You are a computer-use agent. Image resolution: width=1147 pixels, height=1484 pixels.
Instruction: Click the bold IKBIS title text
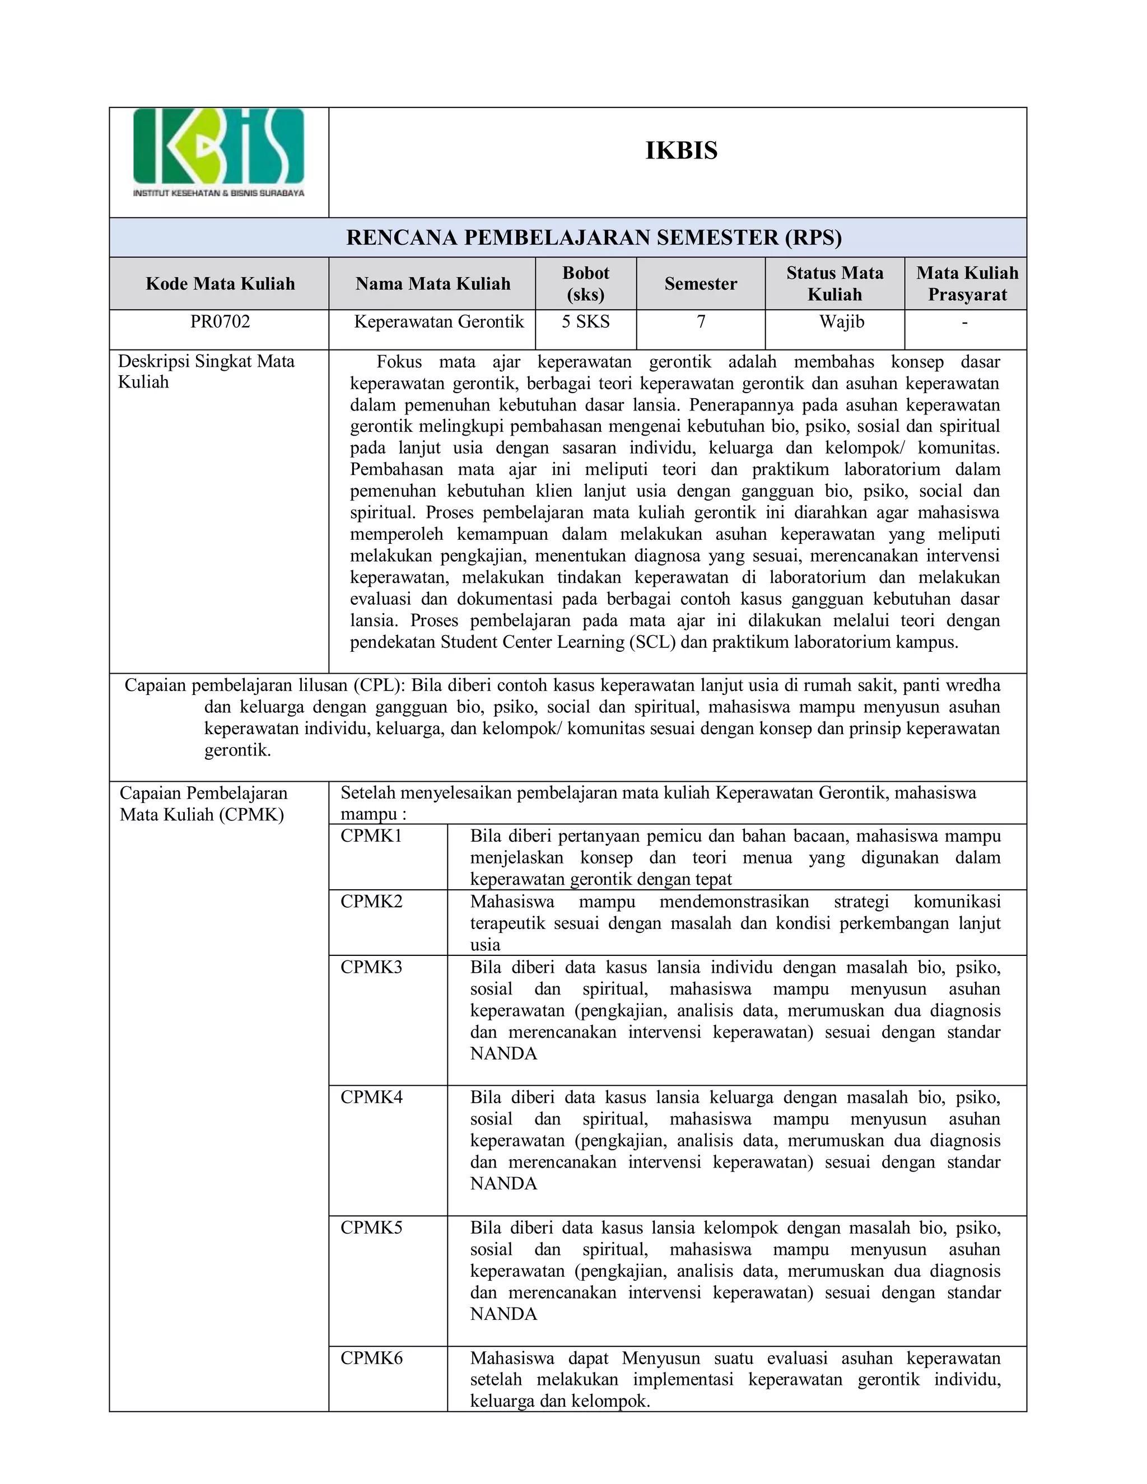(681, 151)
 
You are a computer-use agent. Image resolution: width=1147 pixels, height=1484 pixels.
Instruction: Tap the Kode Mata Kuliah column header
(220, 284)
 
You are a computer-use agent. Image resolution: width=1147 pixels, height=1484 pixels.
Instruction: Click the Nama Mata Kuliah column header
(433, 284)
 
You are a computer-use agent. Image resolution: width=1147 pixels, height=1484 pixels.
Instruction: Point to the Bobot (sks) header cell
(585, 284)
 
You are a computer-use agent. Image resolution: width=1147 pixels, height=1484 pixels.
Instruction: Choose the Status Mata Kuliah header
(834, 284)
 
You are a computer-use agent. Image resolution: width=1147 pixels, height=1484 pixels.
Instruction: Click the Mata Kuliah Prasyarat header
(966, 284)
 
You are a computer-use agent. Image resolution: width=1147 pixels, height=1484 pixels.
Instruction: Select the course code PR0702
(220, 321)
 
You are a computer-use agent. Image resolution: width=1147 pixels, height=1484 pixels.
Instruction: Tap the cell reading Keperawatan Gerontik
(439, 322)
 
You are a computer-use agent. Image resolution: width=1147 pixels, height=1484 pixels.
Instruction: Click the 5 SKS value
(585, 322)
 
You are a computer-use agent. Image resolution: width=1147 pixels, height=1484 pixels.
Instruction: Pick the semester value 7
(701, 322)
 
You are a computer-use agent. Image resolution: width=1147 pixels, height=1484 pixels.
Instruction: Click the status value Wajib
(841, 322)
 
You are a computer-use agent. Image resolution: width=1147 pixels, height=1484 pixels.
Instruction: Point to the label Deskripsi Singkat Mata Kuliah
(206, 372)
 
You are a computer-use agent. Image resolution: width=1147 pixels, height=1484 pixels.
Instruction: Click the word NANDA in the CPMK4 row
(503, 1184)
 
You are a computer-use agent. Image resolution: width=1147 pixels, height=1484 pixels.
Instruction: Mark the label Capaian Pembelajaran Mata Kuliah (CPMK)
(203, 804)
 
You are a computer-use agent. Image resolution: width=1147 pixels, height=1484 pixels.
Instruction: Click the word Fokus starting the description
(399, 362)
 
